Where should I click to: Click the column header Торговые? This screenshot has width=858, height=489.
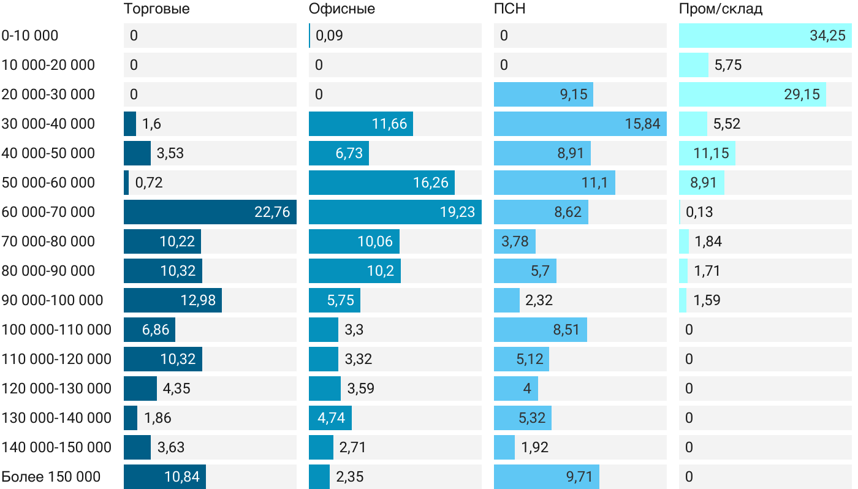tap(156, 9)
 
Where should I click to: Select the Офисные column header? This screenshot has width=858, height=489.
tap(342, 9)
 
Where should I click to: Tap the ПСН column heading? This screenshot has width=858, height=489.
tap(510, 9)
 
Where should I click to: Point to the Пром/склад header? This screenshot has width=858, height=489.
tap(721, 9)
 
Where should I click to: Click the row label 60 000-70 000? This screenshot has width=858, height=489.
tap(48, 212)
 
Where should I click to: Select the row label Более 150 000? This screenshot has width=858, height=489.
tap(51, 477)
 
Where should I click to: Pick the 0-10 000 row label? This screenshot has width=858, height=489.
tap(30, 36)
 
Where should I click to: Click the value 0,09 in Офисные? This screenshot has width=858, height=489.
tap(329, 36)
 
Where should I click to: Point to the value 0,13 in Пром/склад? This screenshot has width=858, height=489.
tap(699, 212)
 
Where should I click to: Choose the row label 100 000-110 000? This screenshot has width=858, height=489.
tap(56, 330)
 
